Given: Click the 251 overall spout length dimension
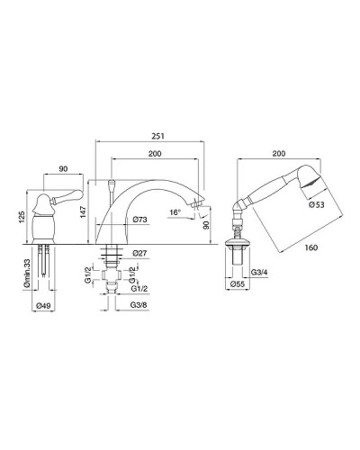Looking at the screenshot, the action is tap(157, 136).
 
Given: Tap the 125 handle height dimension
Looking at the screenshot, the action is tap(22, 217).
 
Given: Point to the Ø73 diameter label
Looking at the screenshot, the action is tap(139, 220).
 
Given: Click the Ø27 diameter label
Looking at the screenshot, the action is tap(139, 253).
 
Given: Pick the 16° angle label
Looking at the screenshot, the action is tap(175, 212).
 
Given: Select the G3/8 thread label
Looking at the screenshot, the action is tap(139, 304).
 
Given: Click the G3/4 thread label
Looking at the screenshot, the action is tap(258, 273).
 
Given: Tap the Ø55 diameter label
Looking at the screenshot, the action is tap(238, 283).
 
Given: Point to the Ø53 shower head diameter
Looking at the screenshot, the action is tap(317, 204).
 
